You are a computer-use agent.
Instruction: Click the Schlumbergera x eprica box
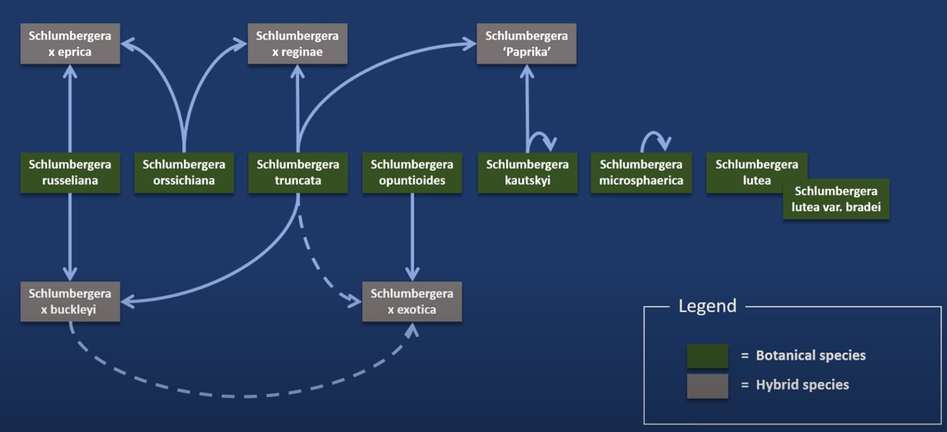(70, 44)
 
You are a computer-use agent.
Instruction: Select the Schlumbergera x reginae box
(297, 44)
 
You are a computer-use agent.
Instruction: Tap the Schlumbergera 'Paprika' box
(526, 44)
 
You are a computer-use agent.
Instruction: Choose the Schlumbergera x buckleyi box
(70, 301)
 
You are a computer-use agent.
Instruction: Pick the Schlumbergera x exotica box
(411, 301)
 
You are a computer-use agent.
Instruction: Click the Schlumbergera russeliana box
(70, 172)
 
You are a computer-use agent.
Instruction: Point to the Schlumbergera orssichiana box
(184, 172)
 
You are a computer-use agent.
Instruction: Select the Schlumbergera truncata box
(297, 172)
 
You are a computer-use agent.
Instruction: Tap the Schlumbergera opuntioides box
(411, 172)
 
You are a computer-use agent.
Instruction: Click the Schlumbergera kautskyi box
(526, 172)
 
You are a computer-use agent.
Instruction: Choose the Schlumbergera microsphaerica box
(640, 172)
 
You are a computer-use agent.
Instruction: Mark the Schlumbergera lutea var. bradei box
(835, 200)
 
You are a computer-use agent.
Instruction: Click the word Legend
(707, 306)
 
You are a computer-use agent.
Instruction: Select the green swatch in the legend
(707, 355)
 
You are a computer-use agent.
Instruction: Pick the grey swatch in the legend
(707, 385)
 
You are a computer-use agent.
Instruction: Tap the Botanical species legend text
(810, 355)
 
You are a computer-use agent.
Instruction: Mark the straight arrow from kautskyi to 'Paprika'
(526, 108)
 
